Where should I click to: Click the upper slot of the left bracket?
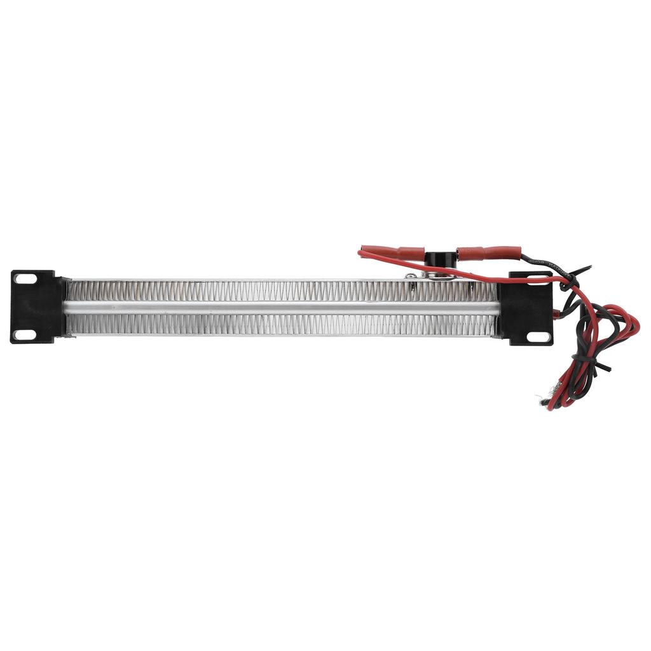26,278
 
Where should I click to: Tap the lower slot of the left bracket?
26,334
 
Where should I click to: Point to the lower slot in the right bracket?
538,337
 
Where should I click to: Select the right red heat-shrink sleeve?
488,253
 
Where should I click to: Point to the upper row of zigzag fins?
280,292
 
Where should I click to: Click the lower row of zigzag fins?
280,324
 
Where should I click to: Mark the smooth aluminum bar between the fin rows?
280,308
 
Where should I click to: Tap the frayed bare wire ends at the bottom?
545,399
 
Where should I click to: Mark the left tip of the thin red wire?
360,253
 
